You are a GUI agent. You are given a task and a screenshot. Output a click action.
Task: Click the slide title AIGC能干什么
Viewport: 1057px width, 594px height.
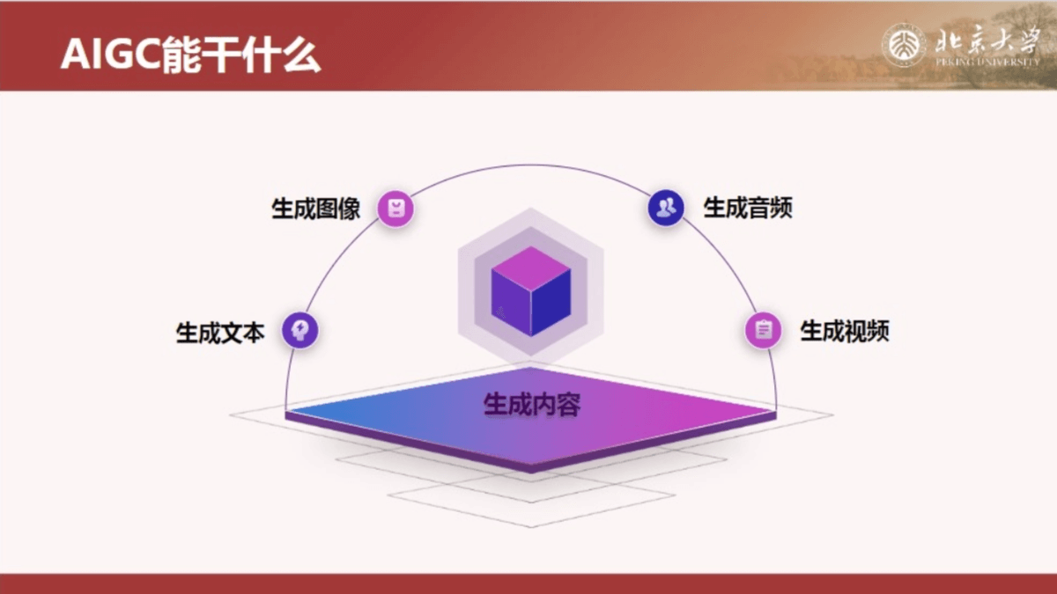pos(190,55)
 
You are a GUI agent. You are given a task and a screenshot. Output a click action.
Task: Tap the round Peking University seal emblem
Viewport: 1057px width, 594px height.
pos(904,46)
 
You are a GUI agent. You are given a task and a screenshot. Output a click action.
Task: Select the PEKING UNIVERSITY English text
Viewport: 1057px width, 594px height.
pos(987,62)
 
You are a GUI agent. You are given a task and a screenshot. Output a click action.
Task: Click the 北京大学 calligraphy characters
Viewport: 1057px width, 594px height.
pos(987,40)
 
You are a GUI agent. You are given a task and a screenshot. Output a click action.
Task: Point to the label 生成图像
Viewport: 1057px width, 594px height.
pos(315,209)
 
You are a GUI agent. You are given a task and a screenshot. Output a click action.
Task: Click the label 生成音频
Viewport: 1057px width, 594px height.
pos(748,208)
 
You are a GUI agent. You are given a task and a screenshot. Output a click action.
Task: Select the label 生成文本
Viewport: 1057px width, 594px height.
pos(220,333)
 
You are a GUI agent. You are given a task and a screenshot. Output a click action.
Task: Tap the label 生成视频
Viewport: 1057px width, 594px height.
pos(845,331)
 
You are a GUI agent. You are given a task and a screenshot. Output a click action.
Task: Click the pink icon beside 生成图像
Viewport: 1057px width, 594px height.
pos(395,209)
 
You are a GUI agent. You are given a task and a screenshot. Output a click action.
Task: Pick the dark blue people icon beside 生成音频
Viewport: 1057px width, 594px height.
pos(666,208)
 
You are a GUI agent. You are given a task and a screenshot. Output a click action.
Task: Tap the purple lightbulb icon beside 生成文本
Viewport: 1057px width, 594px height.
pos(300,330)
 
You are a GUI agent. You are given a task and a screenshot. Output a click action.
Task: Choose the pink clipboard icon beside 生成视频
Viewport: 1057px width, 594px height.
pos(763,330)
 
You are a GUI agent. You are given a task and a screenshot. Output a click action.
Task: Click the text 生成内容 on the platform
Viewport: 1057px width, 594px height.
pos(532,405)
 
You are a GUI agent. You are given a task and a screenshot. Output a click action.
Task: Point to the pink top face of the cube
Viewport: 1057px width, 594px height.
pos(531,268)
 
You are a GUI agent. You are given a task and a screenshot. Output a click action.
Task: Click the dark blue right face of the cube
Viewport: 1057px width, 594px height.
pos(551,303)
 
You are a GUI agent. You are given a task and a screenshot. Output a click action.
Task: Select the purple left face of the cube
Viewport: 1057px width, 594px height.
pos(511,303)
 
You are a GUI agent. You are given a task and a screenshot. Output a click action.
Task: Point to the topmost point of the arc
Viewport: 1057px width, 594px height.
pos(531,165)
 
